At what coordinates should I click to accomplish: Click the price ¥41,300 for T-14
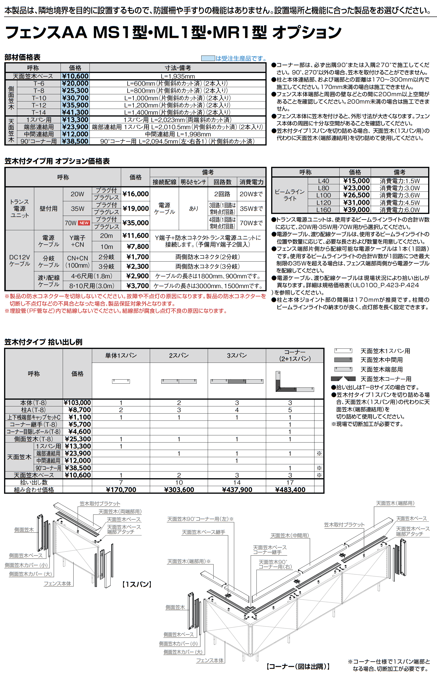tap(75, 112)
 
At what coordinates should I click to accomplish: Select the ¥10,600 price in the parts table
tap(75, 76)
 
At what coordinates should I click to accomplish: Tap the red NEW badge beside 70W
tap(84, 223)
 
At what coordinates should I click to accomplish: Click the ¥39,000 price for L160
tap(356, 210)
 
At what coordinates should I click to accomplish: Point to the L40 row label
tap(323, 181)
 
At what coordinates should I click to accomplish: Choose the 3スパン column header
tap(237, 355)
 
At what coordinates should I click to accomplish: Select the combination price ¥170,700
tap(121, 489)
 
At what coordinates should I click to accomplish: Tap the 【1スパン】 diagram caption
tap(137, 584)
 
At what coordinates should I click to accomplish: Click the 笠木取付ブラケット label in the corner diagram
tap(344, 525)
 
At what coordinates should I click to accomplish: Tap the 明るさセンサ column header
tap(193, 182)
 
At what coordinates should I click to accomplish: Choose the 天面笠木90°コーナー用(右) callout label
tap(275, 564)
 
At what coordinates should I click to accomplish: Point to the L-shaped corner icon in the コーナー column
tap(294, 382)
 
